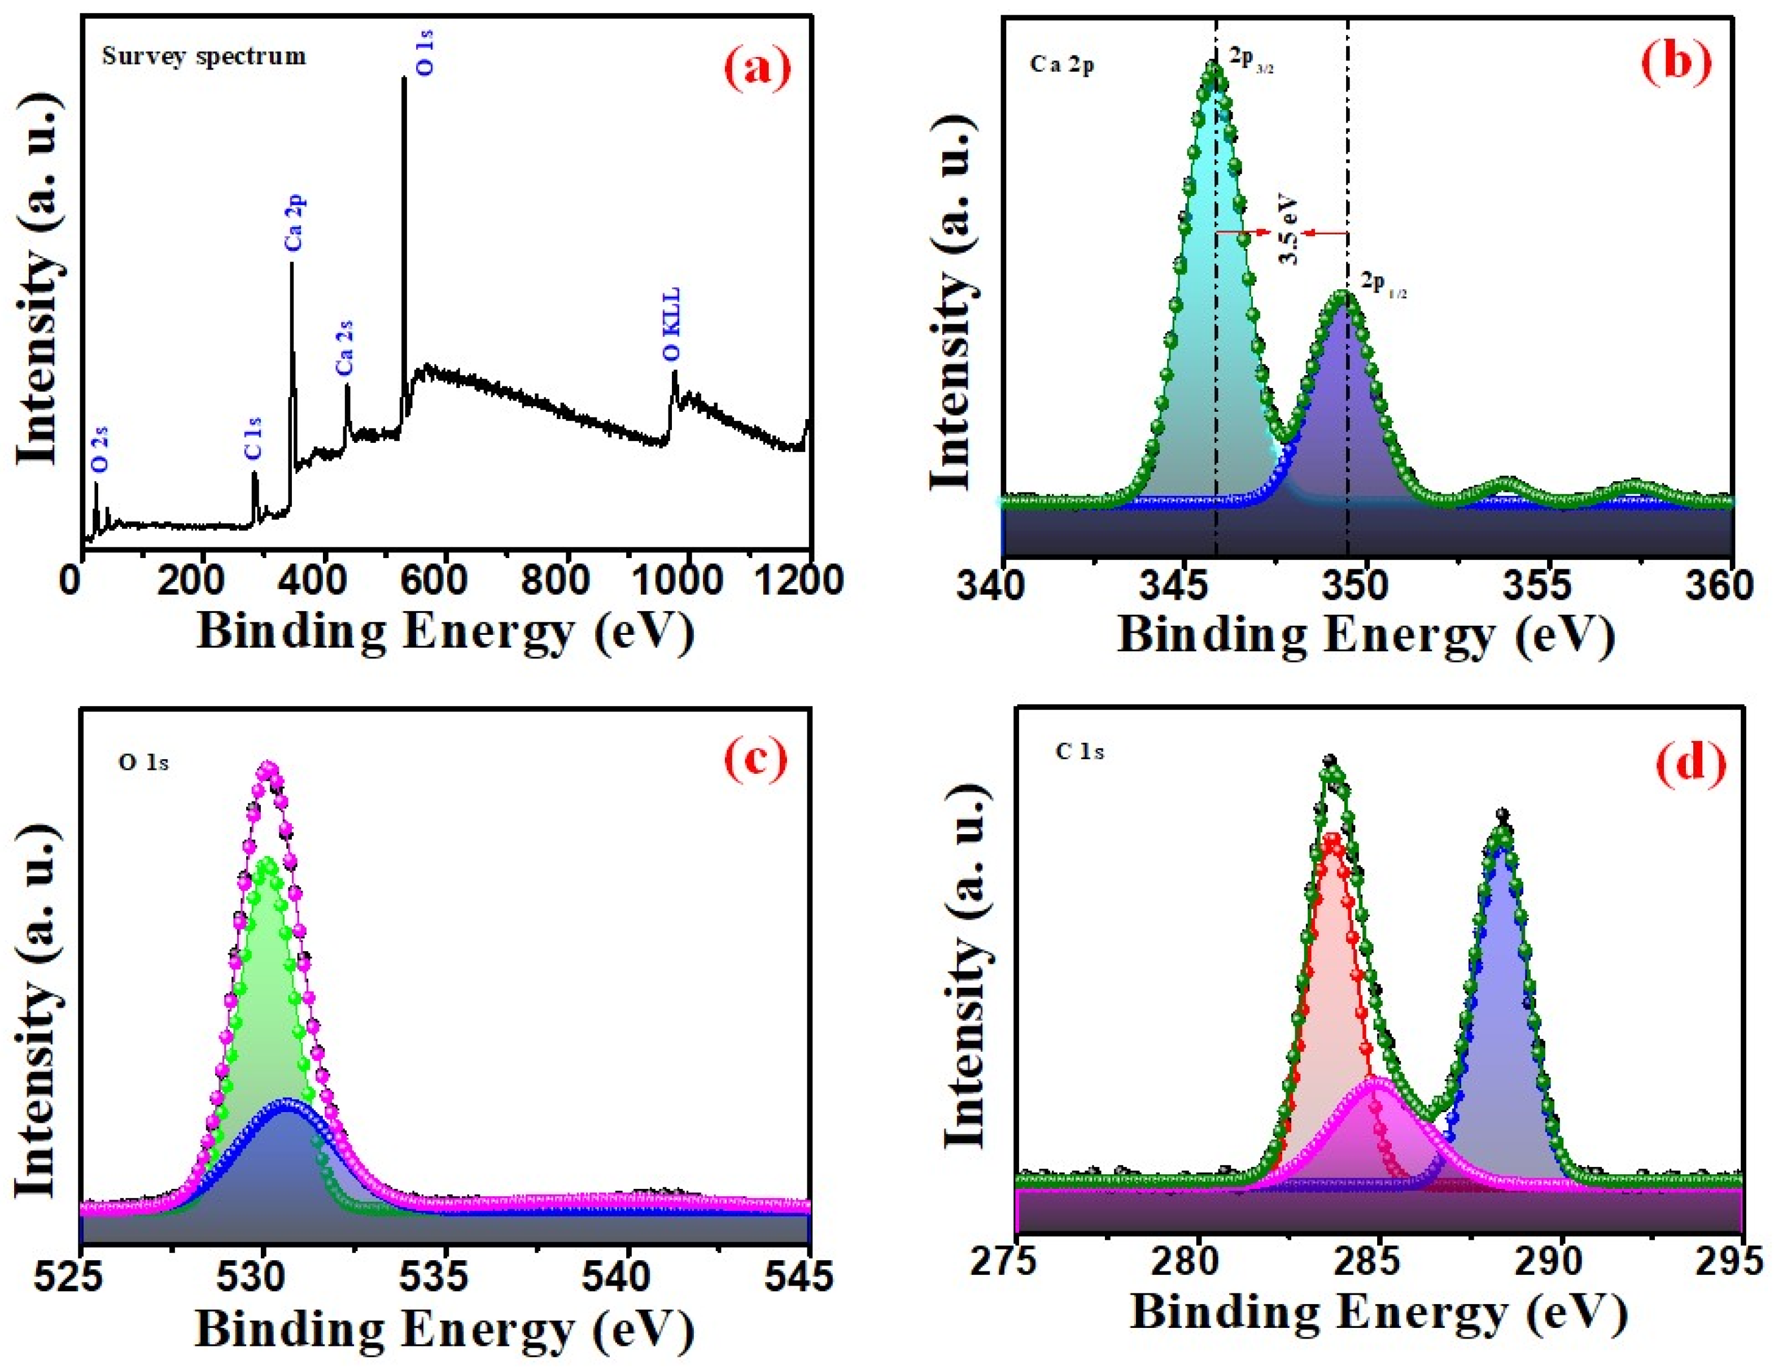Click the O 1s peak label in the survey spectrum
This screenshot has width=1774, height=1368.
pyautogui.click(x=425, y=53)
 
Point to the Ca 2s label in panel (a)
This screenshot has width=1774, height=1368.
pyautogui.click(x=345, y=348)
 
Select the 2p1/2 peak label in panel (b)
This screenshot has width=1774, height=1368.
pyautogui.click(x=1383, y=284)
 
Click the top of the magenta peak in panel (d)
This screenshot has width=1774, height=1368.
pyautogui.click(x=1374, y=1081)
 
